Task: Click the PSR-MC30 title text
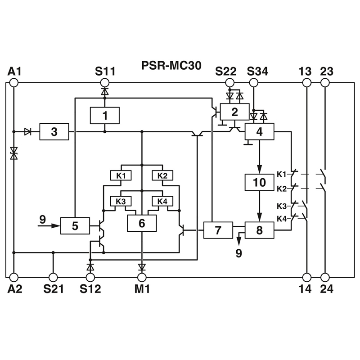click(171, 66)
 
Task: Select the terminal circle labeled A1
click(14, 83)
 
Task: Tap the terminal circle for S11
click(105, 83)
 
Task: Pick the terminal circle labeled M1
click(142, 277)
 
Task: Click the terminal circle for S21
click(53, 277)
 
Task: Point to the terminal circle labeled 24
click(325, 277)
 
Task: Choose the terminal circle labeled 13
click(307, 83)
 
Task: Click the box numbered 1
click(105, 116)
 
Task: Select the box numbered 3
click(54, 131)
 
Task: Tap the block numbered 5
click(75, 226)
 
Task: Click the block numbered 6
click(142, 223)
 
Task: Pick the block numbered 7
click(218, 230)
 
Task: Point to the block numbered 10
click(260, 182)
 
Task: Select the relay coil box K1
click(121, 175)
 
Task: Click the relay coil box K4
click(162, 201)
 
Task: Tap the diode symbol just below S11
click(105, 92)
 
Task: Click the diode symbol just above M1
click(142, 267)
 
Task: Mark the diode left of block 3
click(27, 132)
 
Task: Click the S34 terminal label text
click(257, 72)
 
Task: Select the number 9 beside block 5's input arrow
click(43, 220)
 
